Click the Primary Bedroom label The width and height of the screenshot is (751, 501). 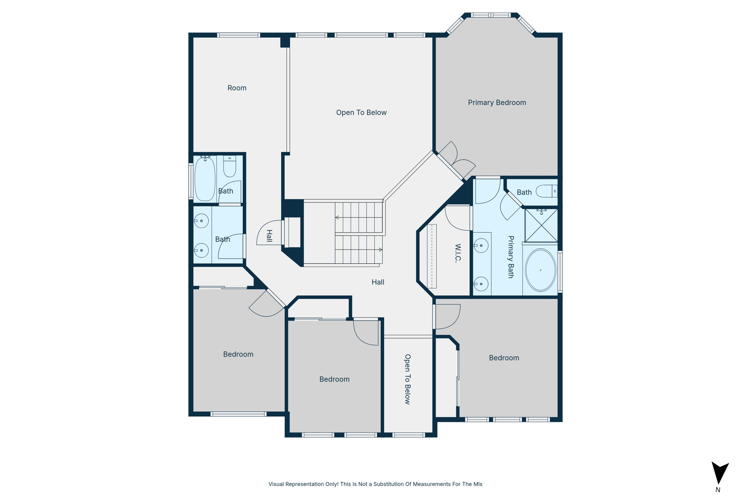[x=497, y=103]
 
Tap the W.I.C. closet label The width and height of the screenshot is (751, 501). [x=457, y=253]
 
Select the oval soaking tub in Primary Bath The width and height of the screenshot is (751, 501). [x=540, y=270]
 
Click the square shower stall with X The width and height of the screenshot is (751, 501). [x=541, y=226]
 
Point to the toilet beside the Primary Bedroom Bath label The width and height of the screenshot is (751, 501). [x=546, y=191]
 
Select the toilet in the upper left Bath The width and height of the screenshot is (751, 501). [x=230, y=167]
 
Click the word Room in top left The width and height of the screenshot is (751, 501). [x=237, y=88]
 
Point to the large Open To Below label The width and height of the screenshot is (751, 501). [x=361, y=113]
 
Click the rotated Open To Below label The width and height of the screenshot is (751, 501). [x=407, y=379]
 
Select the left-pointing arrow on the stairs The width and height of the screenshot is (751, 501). [x=337, y=217]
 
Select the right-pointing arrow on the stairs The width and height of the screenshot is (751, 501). [x=380, y=250]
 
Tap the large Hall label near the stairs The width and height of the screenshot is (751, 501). [x=378, y=282]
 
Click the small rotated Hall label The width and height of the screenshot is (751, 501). [x=269, y=236]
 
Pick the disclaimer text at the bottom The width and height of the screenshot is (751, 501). [x=375, y=484]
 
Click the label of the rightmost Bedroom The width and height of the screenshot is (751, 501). [x=504, y=358]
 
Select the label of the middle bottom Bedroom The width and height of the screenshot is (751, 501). [x=334, y=379]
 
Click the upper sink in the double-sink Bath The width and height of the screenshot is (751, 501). [x=201, y=221]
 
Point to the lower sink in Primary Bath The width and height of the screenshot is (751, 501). [x=481, y=284]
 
